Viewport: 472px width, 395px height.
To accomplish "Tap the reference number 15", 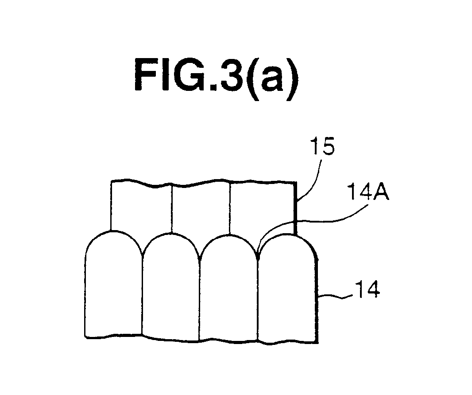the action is tap(322, 147).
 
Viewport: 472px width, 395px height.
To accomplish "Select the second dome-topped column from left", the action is tap(171, 286).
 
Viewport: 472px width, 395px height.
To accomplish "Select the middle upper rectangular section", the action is tap(201, 208).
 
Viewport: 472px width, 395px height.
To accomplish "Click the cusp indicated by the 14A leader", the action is tap(258, 258).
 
